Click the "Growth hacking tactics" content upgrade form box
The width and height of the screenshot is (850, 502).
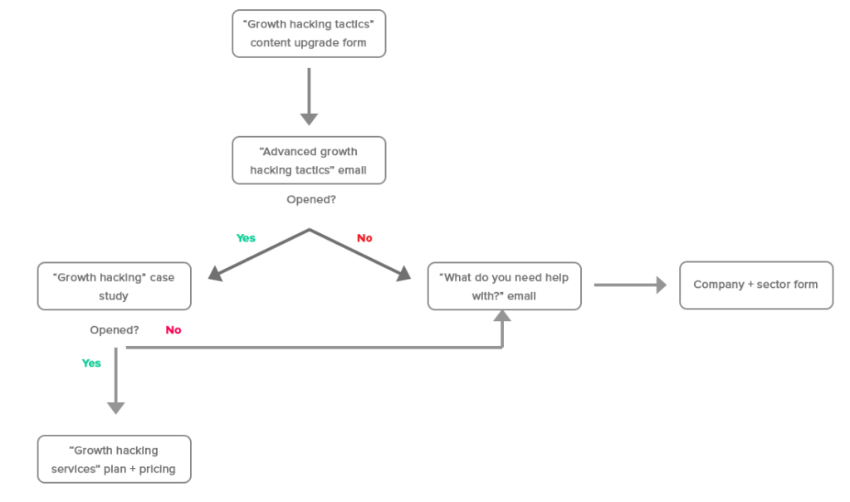pyautogui.click(x=309, y=34)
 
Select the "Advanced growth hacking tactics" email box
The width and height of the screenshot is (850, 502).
pyautogui.click(x=309, y=161)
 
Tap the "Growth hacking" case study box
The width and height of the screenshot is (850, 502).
pyautogui.click(x=115, y=286)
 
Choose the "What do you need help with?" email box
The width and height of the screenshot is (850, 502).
pyautogui.click(x=504, y=286)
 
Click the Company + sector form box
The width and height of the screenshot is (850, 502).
pyautogui.click(x=755, y=285)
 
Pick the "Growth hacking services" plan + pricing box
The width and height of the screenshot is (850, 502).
pyautogui.click(x=115, y=459)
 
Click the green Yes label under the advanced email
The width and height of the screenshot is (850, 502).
pyautogui.click(x=246, y=238)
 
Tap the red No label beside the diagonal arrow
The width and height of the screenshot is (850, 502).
pyautogui.click(x=364, y=238)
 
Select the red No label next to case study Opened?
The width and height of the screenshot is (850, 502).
pyautogui.click(x=173, y=330)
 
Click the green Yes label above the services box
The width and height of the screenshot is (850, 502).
pyautogui.click(x=91, y=363)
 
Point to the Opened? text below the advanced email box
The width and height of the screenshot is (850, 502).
pyautogui.click(x=311, y=200)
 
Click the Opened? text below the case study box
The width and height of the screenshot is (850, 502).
pyautogui.click(x=115, y=330)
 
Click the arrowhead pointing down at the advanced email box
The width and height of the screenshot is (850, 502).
pyautogui.click(x=309, y=119)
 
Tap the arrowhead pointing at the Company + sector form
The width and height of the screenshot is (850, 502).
pyautogui.click(x=661, y=285)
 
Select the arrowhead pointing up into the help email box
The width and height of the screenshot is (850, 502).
pyautogui.click(x=501, y=316)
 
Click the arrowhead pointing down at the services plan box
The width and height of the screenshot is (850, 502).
pyautogui.click(x=116, y=407)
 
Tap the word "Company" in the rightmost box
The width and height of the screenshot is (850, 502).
pyautogui.click(x=719, y=285)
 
